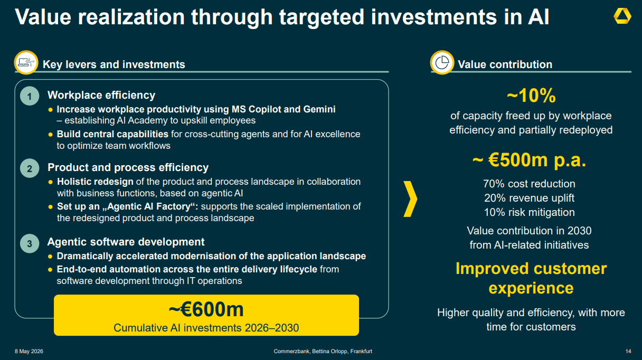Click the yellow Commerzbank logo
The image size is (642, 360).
click(622, 16)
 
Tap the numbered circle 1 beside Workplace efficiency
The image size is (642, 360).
click(30, 96)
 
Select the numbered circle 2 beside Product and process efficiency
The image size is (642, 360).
click(30, 168)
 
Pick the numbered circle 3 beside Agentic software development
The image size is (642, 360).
click(30, 244)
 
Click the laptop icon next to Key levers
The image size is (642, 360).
click(26, 62)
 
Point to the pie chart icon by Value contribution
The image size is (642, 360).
click(442, 62)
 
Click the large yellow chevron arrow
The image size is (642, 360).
click(410, 198)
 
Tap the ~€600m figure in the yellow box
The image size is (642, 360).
click(206, 309)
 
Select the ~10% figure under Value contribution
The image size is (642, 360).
click(531, 95)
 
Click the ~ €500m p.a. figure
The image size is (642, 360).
click(529, 160)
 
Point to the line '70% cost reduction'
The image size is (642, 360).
click(529, 184)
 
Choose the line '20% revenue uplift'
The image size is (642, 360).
click(529, 198)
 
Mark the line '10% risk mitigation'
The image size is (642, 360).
click(529, 212)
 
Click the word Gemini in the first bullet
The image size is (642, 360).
click(319, 109)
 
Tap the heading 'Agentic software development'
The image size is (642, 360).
click(126, 242)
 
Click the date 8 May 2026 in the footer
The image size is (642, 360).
click(29, 351)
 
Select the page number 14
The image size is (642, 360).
click(628, 351)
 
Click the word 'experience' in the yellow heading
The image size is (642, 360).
click(531, 288)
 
